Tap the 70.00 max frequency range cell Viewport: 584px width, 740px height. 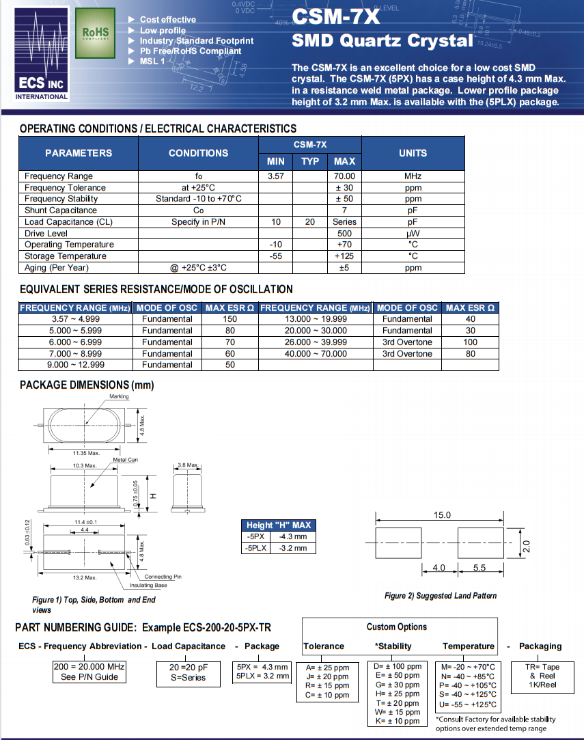(x=344, y=176)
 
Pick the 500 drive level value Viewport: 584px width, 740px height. (x=344, y=233)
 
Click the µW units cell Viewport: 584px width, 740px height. (x=413, y=233)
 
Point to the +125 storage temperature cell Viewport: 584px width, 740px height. (x=344, y=256)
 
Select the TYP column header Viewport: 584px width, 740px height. (x=310, y=161)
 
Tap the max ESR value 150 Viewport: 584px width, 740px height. (x=230, y=319)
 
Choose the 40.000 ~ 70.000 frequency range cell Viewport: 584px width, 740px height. (x=315, y=354)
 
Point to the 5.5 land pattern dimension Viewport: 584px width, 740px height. (x=479, y=568)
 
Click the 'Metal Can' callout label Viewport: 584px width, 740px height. (x=125, y=460)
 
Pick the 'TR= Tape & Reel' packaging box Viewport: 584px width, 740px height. (x=542, y=676)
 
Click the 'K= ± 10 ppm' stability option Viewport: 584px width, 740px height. (x=397, y=721)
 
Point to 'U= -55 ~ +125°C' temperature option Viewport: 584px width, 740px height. (x=469, y=705)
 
